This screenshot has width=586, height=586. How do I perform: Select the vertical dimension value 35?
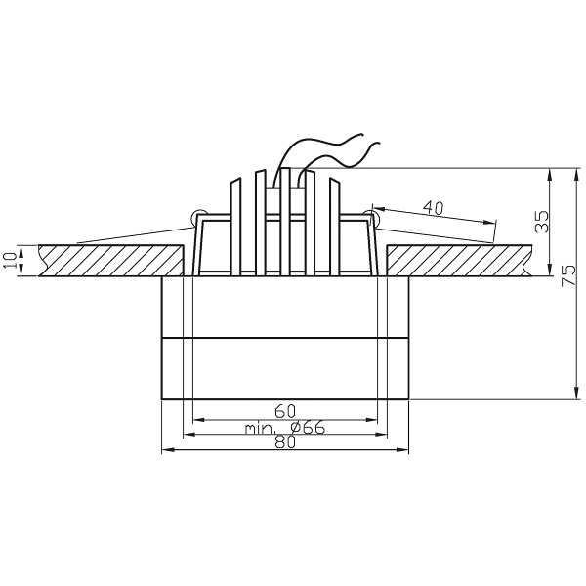543,220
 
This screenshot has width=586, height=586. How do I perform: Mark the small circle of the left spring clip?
198,215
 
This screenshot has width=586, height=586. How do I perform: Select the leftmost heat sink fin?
235,225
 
